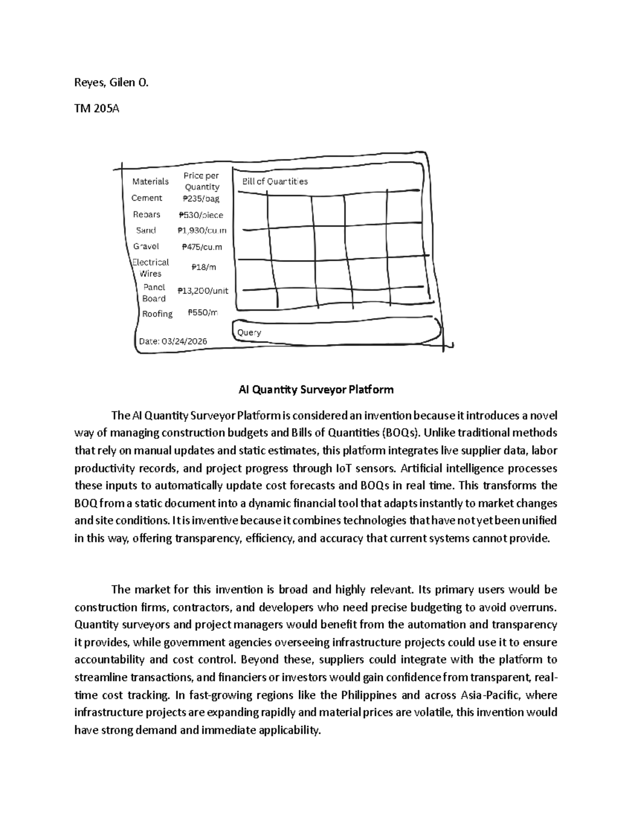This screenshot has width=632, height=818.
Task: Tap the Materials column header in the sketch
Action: pos(151,181)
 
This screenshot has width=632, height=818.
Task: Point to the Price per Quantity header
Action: pos(201,181)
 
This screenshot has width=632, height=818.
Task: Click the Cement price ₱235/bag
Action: pos(201,199)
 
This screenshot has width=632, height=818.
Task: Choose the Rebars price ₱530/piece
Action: pos(201,215)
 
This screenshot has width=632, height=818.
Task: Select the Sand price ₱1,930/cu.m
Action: pos(202,230)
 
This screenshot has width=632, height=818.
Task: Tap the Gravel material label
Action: pos(146,246)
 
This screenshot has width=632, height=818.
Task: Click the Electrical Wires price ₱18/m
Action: pos(203,267)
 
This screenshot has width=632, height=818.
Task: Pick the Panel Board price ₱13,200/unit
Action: pos(203,290)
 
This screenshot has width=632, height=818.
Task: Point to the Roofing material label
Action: pos(157,313)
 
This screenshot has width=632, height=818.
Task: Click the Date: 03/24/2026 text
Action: pos(173,341)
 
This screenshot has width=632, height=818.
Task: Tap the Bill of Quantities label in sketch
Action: pos(274,181)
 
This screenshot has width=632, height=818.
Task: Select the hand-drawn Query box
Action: pos(337,331)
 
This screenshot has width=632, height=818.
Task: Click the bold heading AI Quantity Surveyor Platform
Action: pos(316,390)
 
